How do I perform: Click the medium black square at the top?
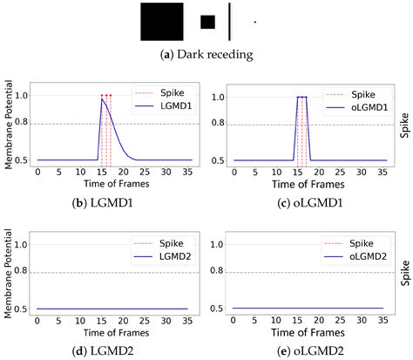click(x=207, y=22)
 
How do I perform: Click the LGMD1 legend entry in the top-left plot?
click(x=168, y=105)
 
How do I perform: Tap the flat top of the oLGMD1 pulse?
click(x=301, y=97)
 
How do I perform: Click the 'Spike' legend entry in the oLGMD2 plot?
click(x=360, y=241)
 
